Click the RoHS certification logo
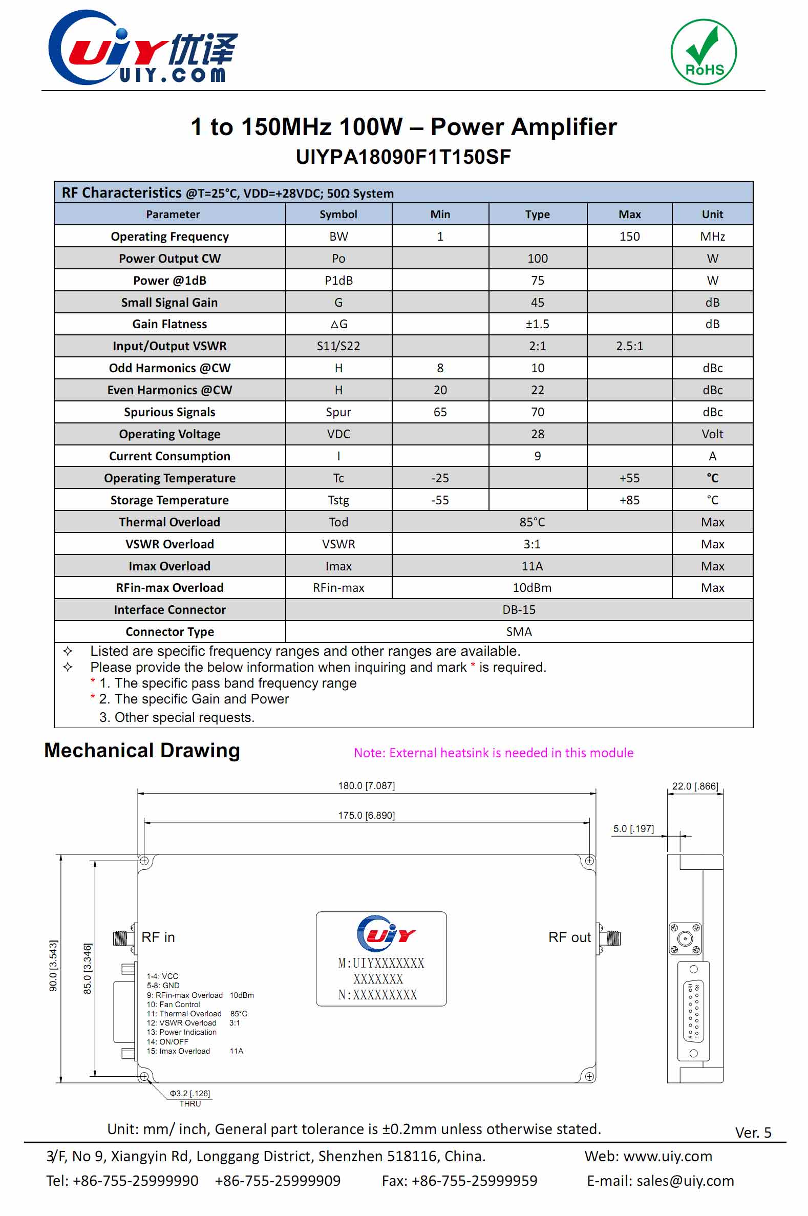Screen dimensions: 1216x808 coord(704,52)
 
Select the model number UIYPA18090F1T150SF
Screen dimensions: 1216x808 coord(403,157)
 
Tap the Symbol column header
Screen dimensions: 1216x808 coord(338,215)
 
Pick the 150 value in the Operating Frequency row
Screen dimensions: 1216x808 coord(629,237)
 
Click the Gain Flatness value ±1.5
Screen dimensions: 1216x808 coord(537,324)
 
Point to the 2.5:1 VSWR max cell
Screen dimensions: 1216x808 coord(629,346)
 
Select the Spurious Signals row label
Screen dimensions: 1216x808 coord(169,412)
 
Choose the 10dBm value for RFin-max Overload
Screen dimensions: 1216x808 coord(531,588)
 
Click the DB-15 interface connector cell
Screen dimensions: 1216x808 coord(518,610)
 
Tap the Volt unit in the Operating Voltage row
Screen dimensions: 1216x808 coord(712,434)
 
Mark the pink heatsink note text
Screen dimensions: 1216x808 coord(493,753)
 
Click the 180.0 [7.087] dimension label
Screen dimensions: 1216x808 coord(366,786)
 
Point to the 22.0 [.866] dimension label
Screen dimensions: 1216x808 coord(695,786)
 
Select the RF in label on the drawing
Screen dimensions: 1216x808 coord(158,937)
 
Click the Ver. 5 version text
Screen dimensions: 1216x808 coord(752,1133)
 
